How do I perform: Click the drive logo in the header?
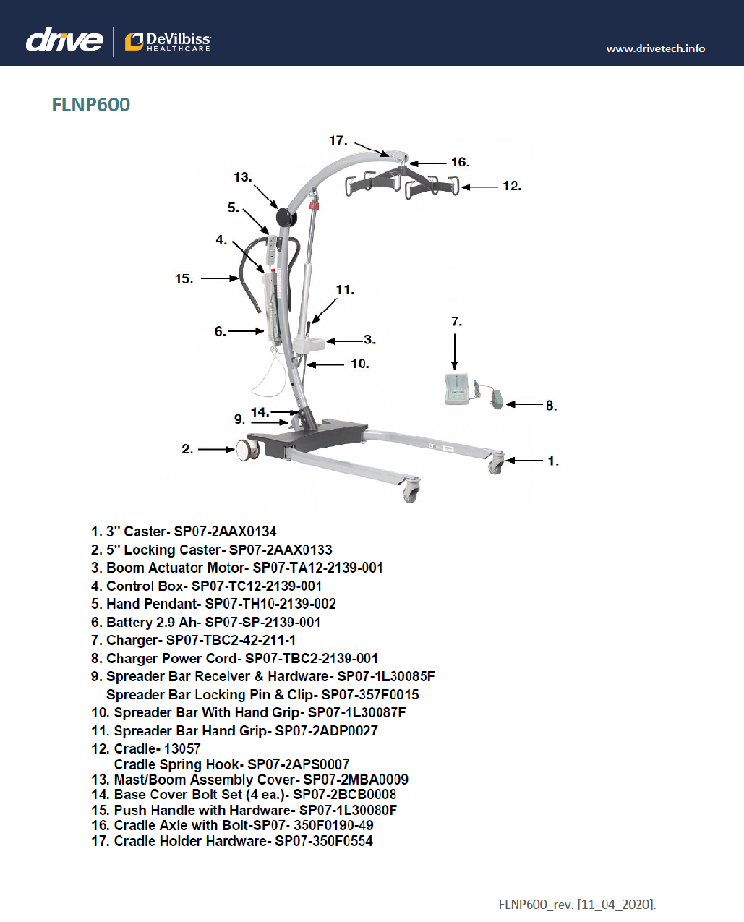(64, 40)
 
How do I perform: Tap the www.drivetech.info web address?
(655, 48)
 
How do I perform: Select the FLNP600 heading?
(91, 105)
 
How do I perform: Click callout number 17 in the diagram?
(338, 140)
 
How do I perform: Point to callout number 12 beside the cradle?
(511, 186)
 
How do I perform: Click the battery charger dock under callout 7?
(457, 388)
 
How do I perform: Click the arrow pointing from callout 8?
(524, 404)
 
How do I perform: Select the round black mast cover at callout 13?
(284, 216)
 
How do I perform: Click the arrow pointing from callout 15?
(220, 278)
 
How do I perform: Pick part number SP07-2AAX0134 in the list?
(225, 532)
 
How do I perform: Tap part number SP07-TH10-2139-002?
(270, 604)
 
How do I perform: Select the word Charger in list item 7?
(132, 640)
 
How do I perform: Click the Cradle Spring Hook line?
(231, 764)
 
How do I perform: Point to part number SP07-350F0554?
(323, 841)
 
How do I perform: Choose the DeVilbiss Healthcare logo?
(168, 42)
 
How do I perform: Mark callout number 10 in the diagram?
(359, 364)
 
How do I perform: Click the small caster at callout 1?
(496, 464)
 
